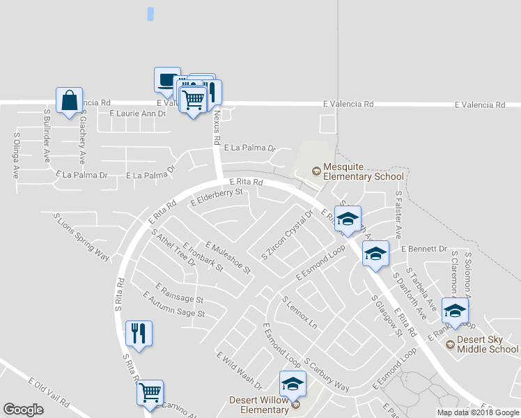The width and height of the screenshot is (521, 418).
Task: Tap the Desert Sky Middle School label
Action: coord(488,344)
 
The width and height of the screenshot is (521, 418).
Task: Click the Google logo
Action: coord(23,409)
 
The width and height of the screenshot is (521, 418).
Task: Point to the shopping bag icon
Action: coord(70,101)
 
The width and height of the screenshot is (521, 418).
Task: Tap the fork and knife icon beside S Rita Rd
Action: coord(138,333)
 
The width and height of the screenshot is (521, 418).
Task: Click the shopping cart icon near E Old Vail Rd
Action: coord(150,393)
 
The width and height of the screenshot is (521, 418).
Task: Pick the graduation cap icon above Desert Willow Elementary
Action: coord(293,384)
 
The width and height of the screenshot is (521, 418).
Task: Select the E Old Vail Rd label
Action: coord(49,394)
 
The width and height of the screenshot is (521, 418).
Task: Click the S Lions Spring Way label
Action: coord(81,236)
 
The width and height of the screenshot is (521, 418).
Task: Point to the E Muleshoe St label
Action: coord(228,258)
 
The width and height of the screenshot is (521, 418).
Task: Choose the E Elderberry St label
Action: coord(219,197)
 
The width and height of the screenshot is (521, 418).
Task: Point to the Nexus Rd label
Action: coord(217,127)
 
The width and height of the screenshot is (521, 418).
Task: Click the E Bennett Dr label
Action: coord(423,248)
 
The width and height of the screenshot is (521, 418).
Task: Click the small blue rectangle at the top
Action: coord(150,13)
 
